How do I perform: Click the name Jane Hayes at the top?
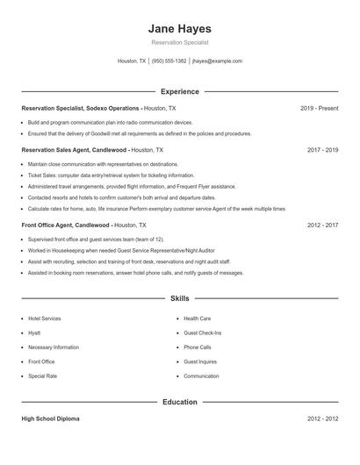point(179,28)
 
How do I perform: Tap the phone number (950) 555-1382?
point(169,61)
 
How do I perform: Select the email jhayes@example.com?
point(217,61)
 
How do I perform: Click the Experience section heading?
point(180,91)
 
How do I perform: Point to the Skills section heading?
point(180,299)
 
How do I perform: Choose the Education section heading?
point(180,402)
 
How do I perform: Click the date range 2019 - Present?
point(319,108)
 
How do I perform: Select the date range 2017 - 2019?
point(322,150)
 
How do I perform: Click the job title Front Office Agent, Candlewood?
point(65,225)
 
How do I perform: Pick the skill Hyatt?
point(34,333)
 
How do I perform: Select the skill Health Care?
point(197,318)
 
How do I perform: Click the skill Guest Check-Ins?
point(202,333)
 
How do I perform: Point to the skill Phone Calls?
point(197,347)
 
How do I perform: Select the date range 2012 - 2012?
point(322,419)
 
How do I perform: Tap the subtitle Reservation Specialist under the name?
point(179,42)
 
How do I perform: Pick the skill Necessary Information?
point(54,347)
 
